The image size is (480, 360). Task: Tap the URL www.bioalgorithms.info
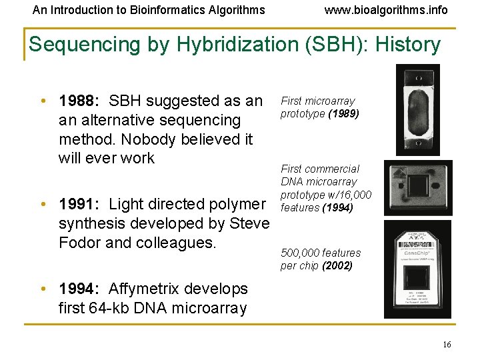click(x=386, y=10)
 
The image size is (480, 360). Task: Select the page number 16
click(x=447, y=344)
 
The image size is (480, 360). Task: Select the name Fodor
click(x=79, y=243)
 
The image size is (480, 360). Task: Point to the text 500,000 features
click(x=320, y=253)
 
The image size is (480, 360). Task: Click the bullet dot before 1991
click(x=43, y=205)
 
